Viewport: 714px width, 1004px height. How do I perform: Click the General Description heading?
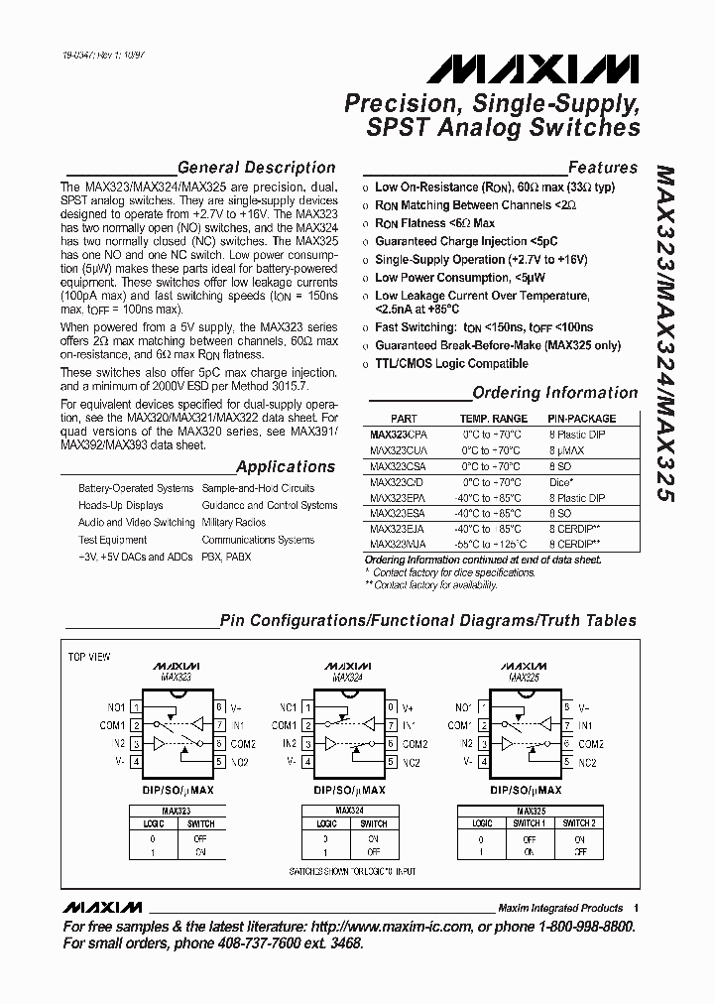(256, 168)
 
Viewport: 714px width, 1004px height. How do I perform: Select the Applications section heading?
(286, 466)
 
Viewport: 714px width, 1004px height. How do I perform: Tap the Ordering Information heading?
(555, 393)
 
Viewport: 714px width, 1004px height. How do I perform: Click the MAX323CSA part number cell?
(397, 466)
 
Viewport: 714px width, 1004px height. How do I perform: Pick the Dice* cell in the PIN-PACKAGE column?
(560, 482)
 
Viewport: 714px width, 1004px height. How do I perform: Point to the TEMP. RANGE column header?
(494, 419)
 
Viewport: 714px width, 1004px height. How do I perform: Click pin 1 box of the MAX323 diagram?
(136, 707)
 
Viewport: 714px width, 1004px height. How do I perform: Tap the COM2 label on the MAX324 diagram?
(415, 744)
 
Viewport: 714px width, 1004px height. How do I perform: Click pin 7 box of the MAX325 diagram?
(567, 725)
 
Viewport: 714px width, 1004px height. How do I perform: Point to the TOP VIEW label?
(89, 657)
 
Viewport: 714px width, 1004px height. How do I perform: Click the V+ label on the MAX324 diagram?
(407, 707)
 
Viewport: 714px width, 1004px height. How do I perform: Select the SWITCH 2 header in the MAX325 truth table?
(579, 823)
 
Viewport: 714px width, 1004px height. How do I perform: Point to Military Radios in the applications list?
(234, 523)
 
